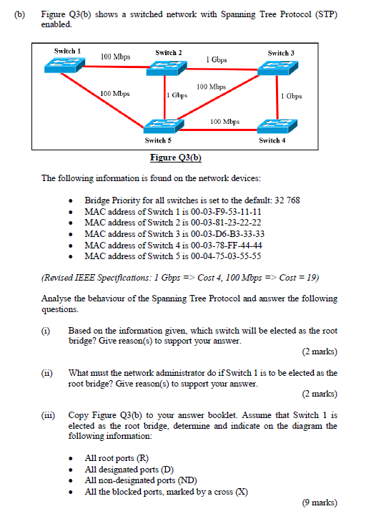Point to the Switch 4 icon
[274, 125]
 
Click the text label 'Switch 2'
[169, 52]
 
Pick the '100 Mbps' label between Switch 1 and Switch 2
[115, 56]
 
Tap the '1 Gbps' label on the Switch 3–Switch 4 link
[292, 95]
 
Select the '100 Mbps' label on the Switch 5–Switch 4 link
[225, 121]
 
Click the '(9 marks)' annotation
[320, 503]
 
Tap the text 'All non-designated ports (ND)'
[141, 480]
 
